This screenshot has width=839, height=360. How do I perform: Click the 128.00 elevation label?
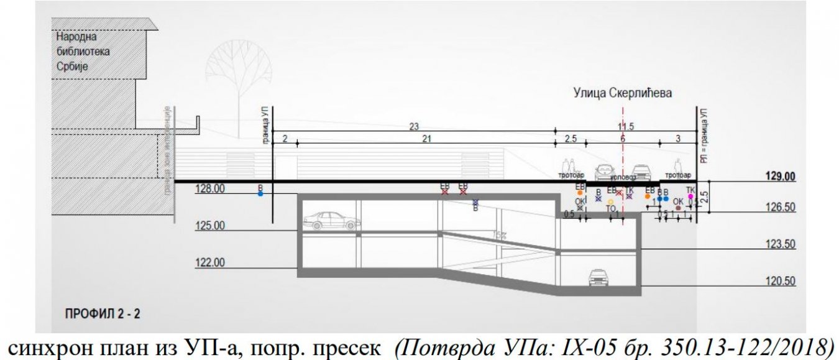[209, 188]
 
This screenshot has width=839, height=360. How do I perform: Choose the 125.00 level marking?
[209, 225]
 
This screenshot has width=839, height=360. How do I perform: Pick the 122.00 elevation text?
[209, 262]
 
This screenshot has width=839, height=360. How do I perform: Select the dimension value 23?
[413, 126]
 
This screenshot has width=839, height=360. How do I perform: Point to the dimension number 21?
[426, 139]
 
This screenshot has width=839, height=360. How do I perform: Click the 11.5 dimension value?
[626, 126]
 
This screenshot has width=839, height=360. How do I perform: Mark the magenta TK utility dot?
[690, 196]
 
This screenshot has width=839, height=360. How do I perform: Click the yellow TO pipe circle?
[611, 201]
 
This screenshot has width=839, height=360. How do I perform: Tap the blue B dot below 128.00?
[260, 194]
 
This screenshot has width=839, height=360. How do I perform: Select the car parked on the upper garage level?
[331, 219]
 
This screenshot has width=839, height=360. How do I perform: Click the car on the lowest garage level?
[597, 277]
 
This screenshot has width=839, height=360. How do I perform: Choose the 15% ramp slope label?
[498, 236]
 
